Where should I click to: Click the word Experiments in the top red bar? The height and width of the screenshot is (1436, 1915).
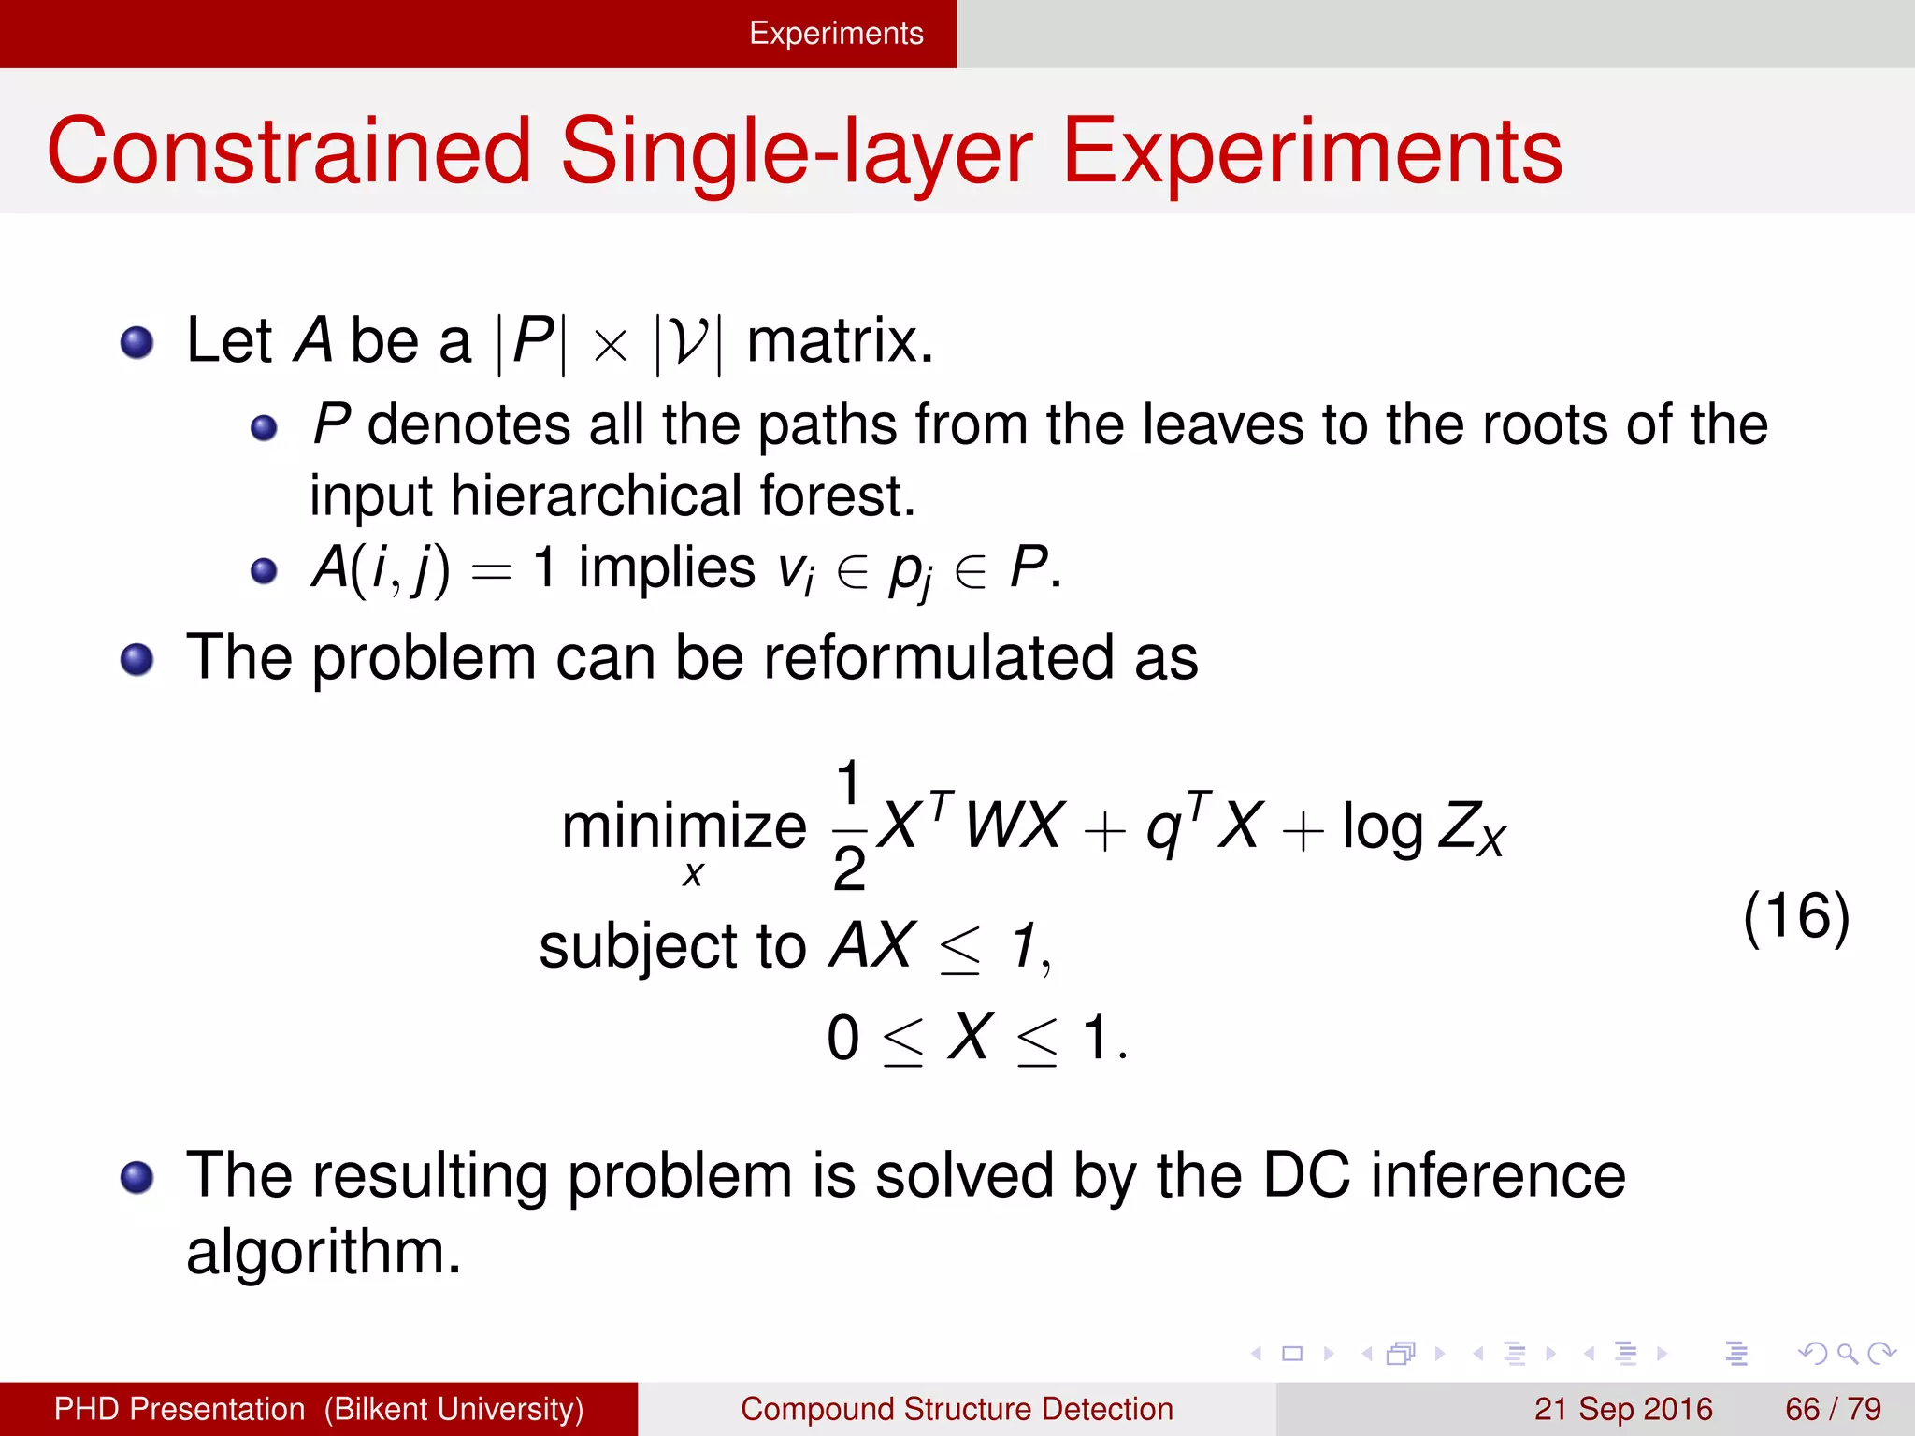[x=836, y=34]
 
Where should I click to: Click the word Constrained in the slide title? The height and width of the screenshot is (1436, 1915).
[x=288, y=151]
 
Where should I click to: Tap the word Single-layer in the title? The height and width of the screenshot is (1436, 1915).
[x=796, y=151]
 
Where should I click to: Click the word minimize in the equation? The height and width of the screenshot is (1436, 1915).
[x=684, y=827]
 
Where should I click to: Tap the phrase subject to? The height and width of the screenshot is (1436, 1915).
[x=671, y=946]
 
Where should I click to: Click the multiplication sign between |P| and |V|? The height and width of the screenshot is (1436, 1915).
[x=610, y=345]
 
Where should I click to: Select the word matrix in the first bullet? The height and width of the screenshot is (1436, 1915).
[x=839, y=341]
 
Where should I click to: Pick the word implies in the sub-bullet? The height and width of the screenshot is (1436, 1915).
[x=666, y=567]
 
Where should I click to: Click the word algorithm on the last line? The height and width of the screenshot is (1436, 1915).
[x=323, y=1253]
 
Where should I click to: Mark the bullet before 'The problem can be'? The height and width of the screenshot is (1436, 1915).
[x=137, y=660]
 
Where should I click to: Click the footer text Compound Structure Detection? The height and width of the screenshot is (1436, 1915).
[x=957, y=1409]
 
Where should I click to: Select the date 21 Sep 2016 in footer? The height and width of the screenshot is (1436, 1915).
[x=1622, y=1409]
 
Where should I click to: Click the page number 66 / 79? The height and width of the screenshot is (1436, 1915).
[x=1833, y=1409]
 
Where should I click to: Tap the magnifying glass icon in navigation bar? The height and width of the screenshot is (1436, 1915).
[x=1847, y=1354]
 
